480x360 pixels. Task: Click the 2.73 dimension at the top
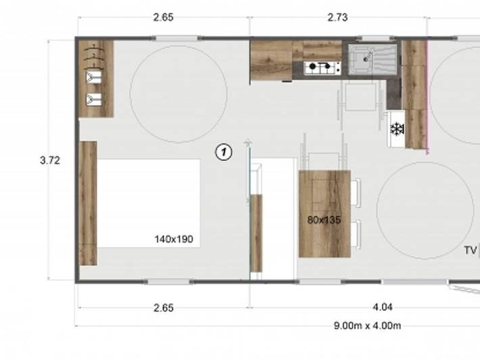pyautogui.click(x=337, y=18)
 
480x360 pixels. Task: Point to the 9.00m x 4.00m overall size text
pyautogui.click(x=367, y=326)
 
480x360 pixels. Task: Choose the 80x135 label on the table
pyautogui.click(x=324, y=220)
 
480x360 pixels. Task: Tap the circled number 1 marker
pyautogui.click(x=224, y=153)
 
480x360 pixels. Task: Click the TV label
pyautogui.click(x=471, y=251)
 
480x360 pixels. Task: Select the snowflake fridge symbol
pyautogui.click(x=397, y=129)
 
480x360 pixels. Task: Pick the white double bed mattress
pyautogui.click(x=149, y=203)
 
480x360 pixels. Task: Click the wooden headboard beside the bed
pyautogui.click(x=88, y=203)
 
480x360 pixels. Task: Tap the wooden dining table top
pyautogui.click(x=325, y=213)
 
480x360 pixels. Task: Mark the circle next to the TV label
pyautogui.click(x=425, y=209)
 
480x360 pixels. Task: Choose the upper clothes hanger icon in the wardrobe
pyautogui.click(x=90, y=77)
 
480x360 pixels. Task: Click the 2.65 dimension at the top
pyautogui.click(x=163, y=18)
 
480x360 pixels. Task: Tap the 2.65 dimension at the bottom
pyautogui.click(x=163, y=307)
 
